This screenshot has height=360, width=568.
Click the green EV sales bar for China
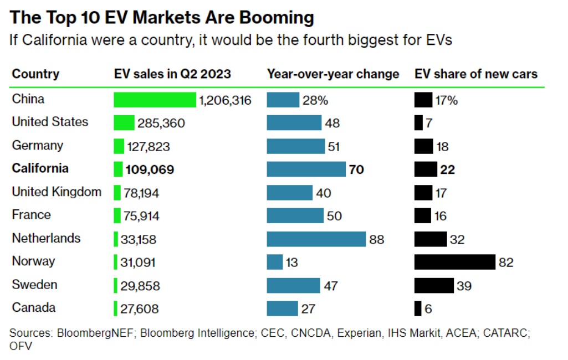point(155,100)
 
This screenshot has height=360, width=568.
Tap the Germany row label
point(38,146)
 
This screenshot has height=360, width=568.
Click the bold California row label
point(40,168)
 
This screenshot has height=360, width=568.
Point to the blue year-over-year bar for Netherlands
point(316,239)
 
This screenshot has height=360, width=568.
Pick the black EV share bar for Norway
point(454,262)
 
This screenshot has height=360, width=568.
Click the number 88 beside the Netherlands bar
point(377,240)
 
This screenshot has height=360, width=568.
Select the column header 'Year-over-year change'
point(333,74)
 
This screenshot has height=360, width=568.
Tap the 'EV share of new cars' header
point(476,74)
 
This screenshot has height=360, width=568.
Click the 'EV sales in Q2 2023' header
point(172,74)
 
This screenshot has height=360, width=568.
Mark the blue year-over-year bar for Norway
point(274,262)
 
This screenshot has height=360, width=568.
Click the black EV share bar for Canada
point(418,308)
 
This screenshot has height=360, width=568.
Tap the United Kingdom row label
point(57,192)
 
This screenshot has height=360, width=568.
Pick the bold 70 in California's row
point(356,169)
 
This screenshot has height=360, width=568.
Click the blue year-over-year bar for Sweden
point(293,285)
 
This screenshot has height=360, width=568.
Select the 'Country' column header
point(35,74)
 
